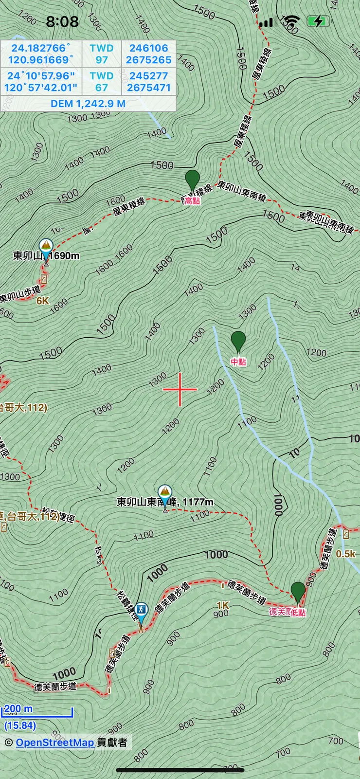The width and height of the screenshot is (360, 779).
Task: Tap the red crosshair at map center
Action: click(180, 389)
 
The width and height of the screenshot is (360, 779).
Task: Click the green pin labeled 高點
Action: click(193, 181)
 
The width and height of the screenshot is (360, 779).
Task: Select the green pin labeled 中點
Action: click(238, 341)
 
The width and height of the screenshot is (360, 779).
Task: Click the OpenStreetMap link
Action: click(54, 743)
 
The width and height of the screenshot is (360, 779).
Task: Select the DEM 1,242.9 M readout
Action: click(88, 104)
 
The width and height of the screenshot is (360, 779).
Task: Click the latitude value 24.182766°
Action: click(41, 48)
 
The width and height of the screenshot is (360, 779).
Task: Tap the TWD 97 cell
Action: click(102, 54)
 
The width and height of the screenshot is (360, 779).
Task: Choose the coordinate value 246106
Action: click(148, 48)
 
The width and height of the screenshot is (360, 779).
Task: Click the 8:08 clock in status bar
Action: click(62, 21)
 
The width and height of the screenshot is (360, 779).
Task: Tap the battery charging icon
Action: click(319, 21)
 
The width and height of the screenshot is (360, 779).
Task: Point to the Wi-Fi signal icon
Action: click(292, 21)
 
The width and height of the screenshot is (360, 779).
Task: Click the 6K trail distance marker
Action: click(43, 301)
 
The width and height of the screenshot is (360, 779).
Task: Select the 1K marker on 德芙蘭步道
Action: click(223, 605)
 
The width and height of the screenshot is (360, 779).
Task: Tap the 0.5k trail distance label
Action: click(346, 554)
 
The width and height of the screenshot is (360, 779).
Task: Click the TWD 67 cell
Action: click(102, 82)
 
